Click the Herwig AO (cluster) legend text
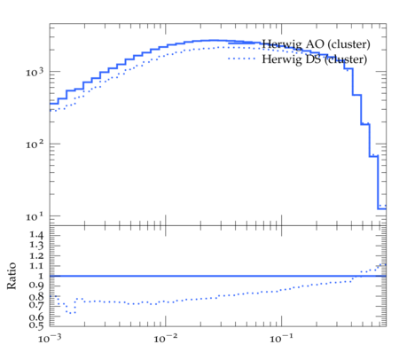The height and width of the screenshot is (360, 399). coord(316,44)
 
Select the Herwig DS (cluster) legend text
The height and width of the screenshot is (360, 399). coord(315,59)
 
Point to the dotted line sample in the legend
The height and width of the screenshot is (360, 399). coord(242,59)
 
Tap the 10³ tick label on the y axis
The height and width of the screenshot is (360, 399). coord(35,72)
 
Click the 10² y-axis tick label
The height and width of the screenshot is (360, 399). coord(35,145)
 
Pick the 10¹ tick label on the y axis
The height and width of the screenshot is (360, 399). coord(35,216)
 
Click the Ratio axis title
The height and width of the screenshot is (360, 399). coord(12,276)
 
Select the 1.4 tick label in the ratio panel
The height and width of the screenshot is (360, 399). coord(36,235)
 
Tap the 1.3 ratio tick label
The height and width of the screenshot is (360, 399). coord(36,245)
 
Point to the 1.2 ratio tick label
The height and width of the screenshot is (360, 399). coord(36,255)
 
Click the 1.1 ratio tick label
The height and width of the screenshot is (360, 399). coord(36,266)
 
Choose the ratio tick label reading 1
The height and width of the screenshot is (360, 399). coord(41,276)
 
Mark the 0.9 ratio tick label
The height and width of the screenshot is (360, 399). coord(36,286)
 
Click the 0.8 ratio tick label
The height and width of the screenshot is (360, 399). coord(36,296)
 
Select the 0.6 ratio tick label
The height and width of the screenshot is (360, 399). coord(36,317)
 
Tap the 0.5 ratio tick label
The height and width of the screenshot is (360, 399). coord(36,325)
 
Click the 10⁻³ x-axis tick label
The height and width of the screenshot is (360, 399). coord(50,338)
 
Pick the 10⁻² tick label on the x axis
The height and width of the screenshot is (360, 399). coord(166,338)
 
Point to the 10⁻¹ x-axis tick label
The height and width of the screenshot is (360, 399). coord(281,338)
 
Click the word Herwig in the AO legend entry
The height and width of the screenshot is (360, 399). coord(282,45)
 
